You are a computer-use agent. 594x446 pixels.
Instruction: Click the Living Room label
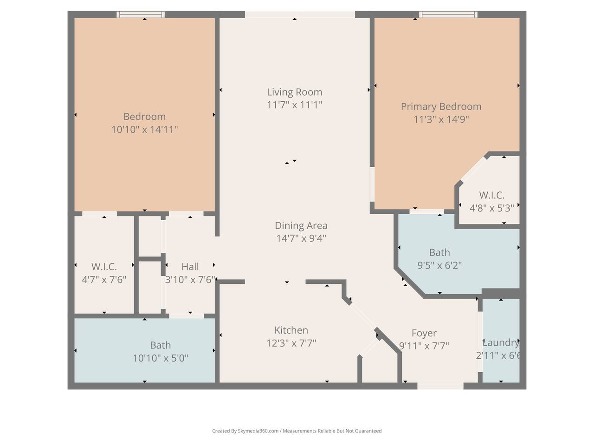[x=294, y=92]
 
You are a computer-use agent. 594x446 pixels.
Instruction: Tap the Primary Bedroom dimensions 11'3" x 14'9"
[x=441, y=119]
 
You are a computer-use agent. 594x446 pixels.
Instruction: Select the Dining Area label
[x=301, y=226]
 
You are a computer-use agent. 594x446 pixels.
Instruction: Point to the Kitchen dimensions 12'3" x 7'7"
[x=291, y=343]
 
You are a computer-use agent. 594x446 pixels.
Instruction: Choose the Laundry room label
[x=501, y=342]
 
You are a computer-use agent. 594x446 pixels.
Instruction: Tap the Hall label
[x=190, y=267]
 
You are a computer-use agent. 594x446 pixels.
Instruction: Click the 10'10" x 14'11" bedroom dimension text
[x=144, y=130]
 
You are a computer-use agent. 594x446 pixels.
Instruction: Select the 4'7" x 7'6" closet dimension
[x=104, y=280]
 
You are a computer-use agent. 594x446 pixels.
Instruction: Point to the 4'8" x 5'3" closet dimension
[x=492, y=208]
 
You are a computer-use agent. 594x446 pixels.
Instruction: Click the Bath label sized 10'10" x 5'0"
[x=160, y=345]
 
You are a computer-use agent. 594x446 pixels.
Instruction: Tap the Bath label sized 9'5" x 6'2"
[x=439, y=252]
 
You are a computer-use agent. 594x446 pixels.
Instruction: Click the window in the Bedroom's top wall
[x=141, y=14]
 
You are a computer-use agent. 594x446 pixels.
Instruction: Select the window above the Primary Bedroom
[x=448, y=14]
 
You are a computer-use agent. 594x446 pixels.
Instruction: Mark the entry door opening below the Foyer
[x=440, y=386]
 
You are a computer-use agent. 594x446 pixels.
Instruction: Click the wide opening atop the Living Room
[x=300, y=14]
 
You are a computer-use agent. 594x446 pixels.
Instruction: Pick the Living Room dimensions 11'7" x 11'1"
[x=294, y=105]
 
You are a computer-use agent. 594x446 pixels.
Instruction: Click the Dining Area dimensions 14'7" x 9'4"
[x=301, y=238]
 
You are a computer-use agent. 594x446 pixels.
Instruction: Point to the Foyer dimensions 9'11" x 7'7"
[x=424, y=346]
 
